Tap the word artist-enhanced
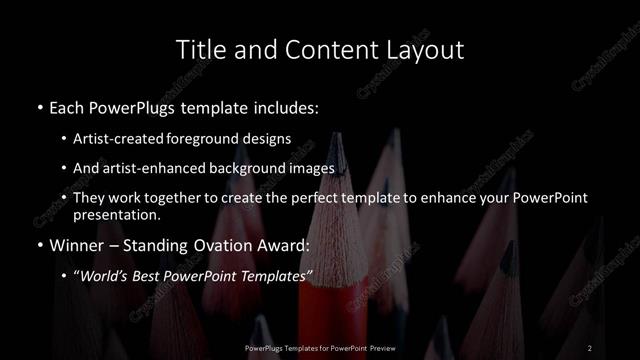click(x=167, y=168)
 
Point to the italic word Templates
click(x=276, y=274)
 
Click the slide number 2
click(x=590, y=348)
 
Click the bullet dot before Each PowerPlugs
click(x=39, y=105)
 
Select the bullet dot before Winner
click(x=39, y=244)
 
